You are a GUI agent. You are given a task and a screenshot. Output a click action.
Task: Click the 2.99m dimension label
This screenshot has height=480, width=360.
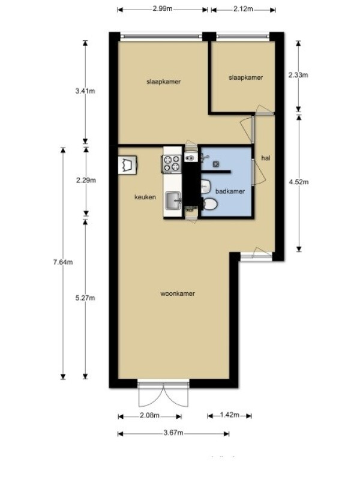pos(163,8)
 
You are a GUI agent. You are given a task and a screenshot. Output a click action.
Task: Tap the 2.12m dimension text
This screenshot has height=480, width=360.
pos(244,9)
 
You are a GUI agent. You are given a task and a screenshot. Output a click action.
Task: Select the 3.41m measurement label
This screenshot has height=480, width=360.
pos(85,91)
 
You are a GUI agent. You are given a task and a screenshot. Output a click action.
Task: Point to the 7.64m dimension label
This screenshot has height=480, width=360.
pos(63,262)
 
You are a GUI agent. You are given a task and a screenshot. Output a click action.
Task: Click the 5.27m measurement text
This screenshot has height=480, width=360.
pos(85,298)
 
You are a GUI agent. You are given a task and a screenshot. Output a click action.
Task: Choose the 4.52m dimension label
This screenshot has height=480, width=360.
pos(299,182)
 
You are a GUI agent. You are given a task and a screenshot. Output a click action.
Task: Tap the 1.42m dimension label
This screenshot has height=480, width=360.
pos(230,415)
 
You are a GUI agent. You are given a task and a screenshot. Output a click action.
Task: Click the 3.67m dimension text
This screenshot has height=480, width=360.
pos(173,433)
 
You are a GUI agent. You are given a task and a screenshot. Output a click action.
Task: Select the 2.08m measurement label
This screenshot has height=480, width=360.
pos(149,415)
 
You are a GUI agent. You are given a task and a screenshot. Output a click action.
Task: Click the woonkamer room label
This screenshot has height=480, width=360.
pos(178,293)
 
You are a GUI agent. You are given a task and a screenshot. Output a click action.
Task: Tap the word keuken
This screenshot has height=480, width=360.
pos(145,197)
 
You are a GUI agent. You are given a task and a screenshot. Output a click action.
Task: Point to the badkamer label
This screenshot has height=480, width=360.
pos(230,191)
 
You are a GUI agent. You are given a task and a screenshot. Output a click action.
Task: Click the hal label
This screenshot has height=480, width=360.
pos(266,158)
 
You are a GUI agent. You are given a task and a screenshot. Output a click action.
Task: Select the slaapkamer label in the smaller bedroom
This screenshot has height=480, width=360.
pos(246,78)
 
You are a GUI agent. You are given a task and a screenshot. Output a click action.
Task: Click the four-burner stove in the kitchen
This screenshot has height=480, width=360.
pos(171,163)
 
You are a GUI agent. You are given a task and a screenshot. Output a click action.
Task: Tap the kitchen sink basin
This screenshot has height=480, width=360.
pos(173,201)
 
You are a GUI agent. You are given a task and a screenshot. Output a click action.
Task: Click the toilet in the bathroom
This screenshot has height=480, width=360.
pos(209,204)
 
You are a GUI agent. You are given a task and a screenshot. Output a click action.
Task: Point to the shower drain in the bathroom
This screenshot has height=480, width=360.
pos(216,164)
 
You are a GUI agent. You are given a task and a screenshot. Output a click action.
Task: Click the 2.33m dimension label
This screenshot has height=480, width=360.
pos(298,75)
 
